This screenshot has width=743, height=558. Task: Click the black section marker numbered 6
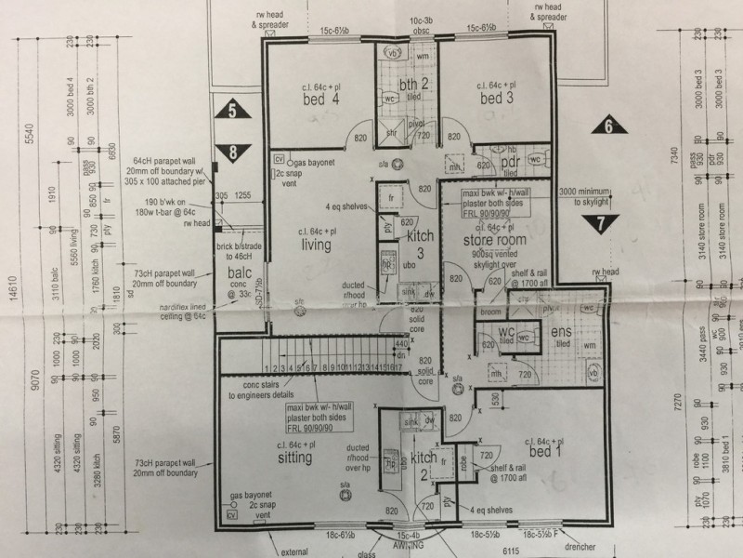tap(606, 127)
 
